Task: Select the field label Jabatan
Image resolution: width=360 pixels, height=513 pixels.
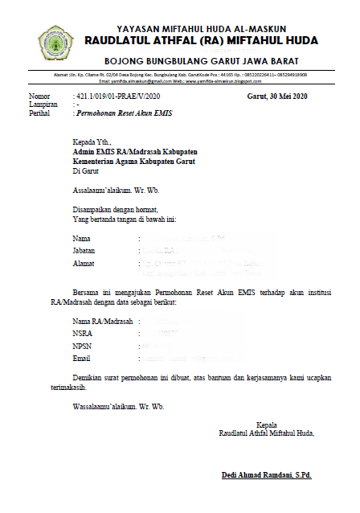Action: click(x=84, y=251)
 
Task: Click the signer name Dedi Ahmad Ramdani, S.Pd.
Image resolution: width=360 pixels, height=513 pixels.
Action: click(x=266, y=475)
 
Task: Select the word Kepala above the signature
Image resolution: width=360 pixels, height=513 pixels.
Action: click(x=266, y=425)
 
